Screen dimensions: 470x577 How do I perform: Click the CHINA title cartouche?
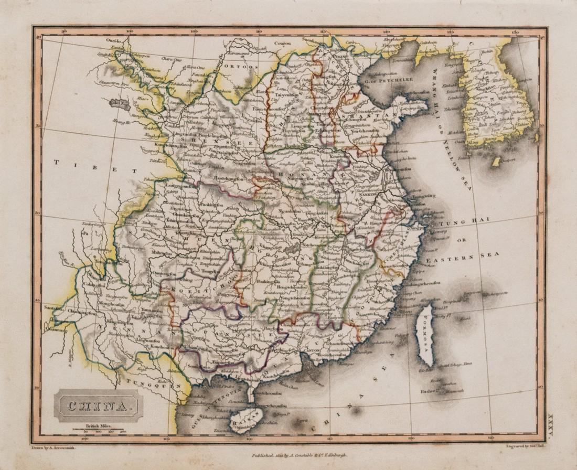click(98, 405)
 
